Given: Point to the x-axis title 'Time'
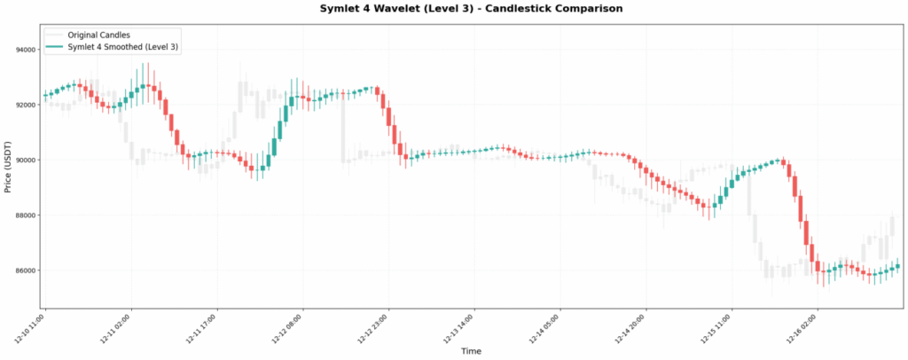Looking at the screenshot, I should tap(471, 352).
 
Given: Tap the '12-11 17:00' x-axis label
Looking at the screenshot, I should tap(202, 328).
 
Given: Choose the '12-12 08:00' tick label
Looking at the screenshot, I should tap(287, 328).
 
